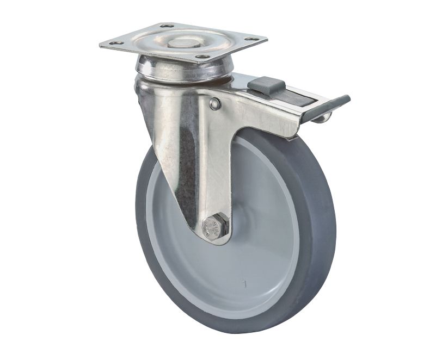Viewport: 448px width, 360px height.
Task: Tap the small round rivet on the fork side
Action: point(215,104)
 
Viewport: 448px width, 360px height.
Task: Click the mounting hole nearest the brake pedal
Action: point(251,39)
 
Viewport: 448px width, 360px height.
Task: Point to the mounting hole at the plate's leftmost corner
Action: point(114,43)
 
